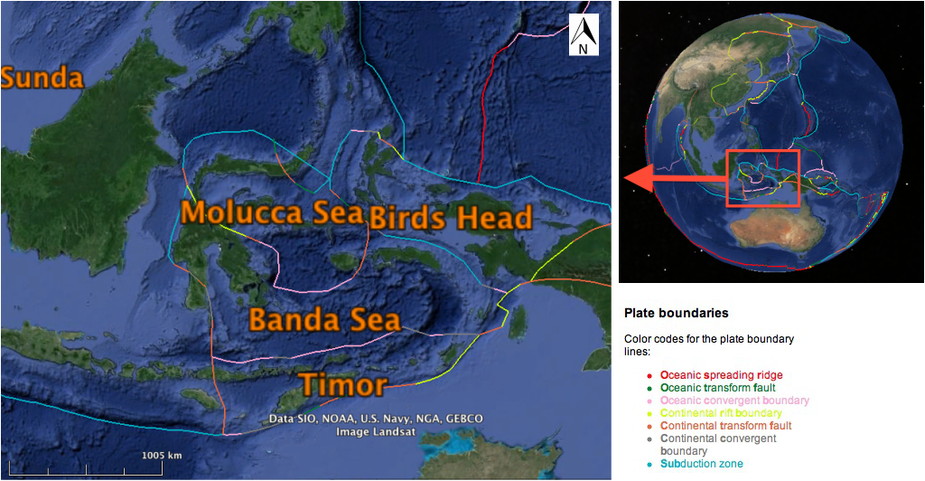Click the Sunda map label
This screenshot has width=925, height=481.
pyautogui.click(x=42, y=78)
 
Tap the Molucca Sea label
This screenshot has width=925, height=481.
pyautogui.click(x=271, y=212)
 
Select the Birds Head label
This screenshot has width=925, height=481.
pyautogui.click(x=451, y=218)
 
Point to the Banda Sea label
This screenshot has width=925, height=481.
pyautogui.click(x=324, y=320)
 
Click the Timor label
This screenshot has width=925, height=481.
pyautogui.click(x=343, y=385)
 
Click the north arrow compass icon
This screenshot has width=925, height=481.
pyautogui.click(x=584, y=36)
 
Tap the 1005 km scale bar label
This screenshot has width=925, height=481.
pyautogui.click(x=162, y=454)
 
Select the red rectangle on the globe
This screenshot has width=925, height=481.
pyautogui.click(x=762, y=178)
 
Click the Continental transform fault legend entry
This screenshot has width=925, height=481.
pyautogui.click(x=725, y=425)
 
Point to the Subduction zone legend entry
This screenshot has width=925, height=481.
pyautogui.click(x=701, y=463)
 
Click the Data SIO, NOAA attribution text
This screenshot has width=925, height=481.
pyautogui.click(x=376, y=419)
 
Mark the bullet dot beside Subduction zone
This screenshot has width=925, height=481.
pyautogui.click(x=650, y=464)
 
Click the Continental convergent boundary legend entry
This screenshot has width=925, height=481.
pyautogui.click(x=718, y=444)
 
